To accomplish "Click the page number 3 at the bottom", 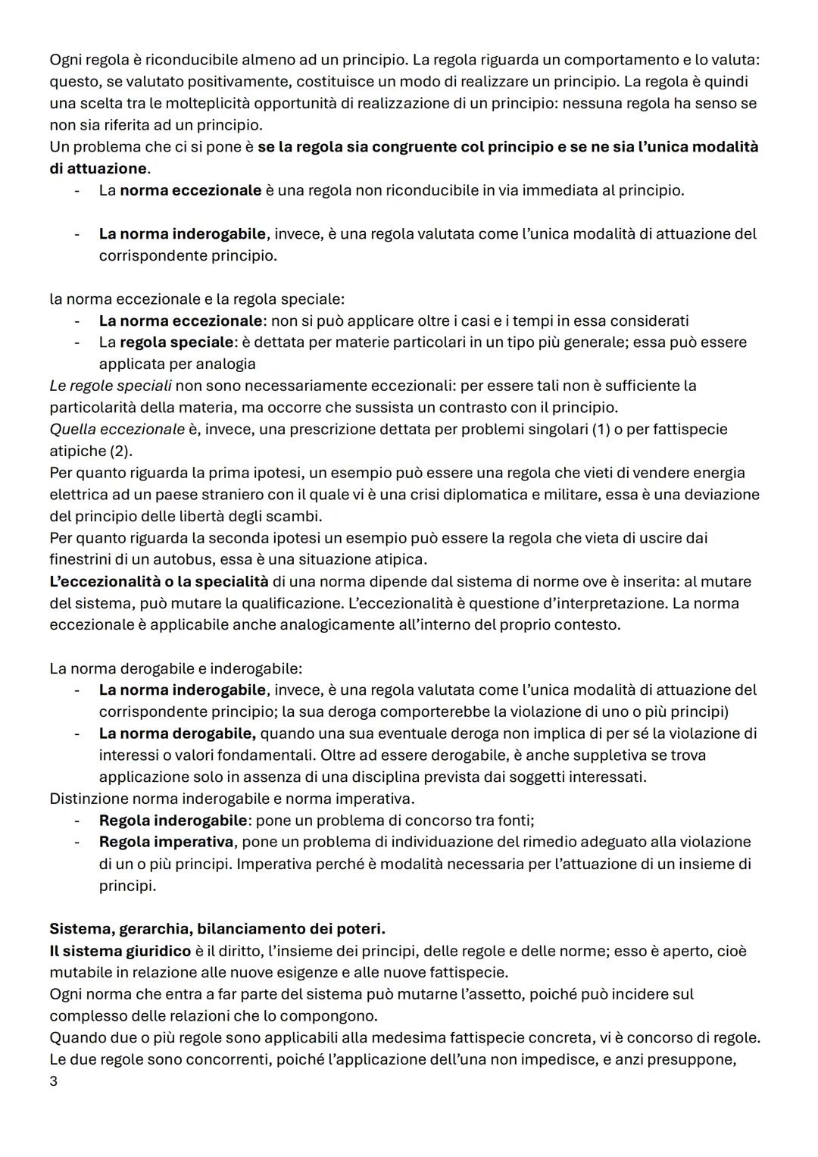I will tap(53, 1081).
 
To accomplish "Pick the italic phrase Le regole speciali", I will tap(111, 386).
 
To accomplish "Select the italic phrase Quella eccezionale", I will tap(117, 430).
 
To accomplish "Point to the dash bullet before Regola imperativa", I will tap(76, 842).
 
